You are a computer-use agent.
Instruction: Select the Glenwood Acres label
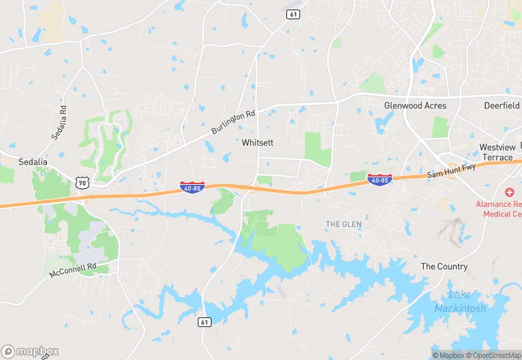click(x=415, y=106)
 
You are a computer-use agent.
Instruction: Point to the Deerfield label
click(x=501, y=106)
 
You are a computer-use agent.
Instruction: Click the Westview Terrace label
click(x=497, y=153)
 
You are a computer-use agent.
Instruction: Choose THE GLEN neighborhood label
click(x=343, y=225)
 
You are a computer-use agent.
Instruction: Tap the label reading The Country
click(x=444, y=267)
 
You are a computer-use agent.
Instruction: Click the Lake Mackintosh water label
click(x=460, y=302)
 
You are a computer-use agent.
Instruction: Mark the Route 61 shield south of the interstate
click(x=204, y=322)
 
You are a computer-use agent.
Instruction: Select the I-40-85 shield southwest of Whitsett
click(x=191, y=187)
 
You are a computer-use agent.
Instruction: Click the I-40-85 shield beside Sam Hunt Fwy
click(x=379, y=179)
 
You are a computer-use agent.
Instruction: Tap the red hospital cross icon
click(x=509, y=192)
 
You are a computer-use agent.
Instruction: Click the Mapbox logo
click(x=30, y=350)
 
